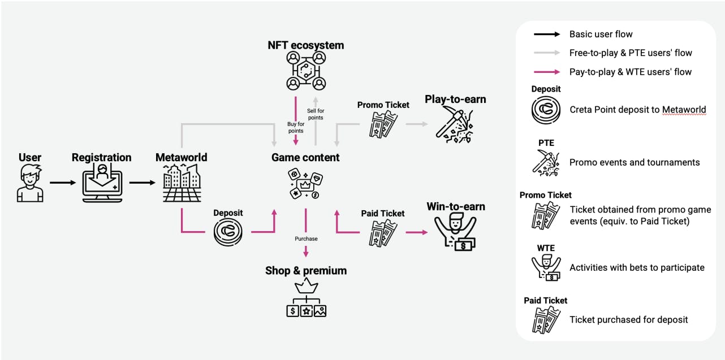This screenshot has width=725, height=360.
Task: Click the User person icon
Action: (30, 183)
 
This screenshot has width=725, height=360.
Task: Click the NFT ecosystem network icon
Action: (306, 71)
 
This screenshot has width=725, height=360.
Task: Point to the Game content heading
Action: (305, 158)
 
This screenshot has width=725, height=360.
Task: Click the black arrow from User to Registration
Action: (62, 183)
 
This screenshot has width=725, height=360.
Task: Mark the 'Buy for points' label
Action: (296, 127)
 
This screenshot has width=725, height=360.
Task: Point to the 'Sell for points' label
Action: (316, 114)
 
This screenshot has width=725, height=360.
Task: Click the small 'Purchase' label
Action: (306, 238)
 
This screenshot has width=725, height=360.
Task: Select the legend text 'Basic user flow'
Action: (601, 34)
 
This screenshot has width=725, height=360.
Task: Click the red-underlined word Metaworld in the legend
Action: (684, 110)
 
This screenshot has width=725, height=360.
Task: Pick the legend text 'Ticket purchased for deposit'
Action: (628, 320)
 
